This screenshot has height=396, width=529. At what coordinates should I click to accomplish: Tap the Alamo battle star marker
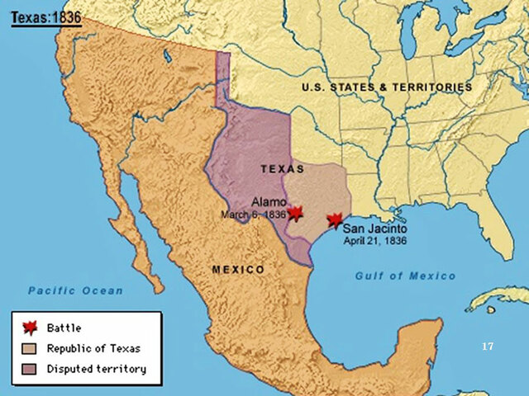tap(295, 213)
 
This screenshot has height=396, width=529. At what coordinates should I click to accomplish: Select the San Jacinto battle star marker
tap(334, 220)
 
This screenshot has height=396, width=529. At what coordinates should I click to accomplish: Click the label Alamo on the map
tap(269, 202)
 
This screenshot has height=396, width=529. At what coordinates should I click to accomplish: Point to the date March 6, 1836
tap(253, 214)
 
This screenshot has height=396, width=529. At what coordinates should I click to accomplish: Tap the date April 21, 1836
tap(377, 242)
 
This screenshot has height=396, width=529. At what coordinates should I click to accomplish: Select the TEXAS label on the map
tap(283, 168)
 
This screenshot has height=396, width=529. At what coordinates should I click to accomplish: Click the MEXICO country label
tap(238, 270)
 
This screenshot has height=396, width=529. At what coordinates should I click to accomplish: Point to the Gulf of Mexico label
tap(405, 276)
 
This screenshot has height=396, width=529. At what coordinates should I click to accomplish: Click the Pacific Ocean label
tap(75, 290)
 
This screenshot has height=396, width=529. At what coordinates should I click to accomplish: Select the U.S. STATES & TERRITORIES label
tap(387, 87)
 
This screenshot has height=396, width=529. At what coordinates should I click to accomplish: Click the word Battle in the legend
tap(64, 328)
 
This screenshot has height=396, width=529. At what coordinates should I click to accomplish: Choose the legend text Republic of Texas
tap(93, 348)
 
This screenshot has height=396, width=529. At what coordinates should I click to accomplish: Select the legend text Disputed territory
tap(96, 369)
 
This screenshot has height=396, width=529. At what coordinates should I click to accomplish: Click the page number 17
tap(488, 346)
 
